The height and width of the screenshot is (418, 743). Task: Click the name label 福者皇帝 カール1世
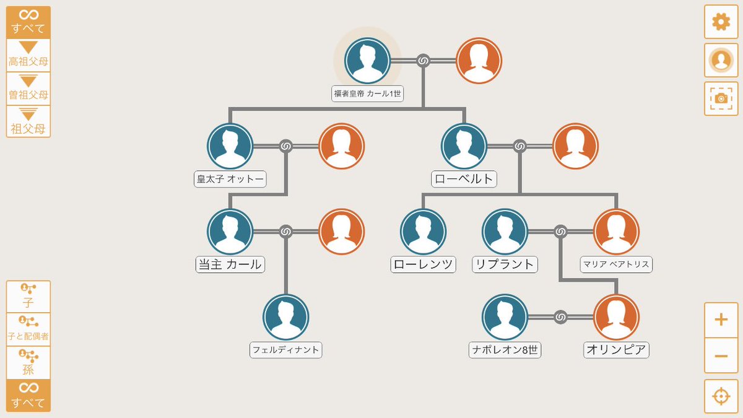(x=368, y=94)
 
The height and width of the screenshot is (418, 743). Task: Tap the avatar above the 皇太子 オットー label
(x=230, y=146)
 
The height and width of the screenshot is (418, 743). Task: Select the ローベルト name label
(x=464, y=180)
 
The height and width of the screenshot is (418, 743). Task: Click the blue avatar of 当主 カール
(x=230, y=232)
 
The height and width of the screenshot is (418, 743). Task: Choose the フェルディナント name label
(x=286, y=350)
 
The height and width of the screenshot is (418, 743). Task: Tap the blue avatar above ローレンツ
(x=424, y=232)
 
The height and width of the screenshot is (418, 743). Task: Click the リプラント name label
(x=504, y=264)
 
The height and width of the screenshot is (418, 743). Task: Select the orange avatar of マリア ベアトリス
(x=616, y=232)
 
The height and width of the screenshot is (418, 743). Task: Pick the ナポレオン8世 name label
(x=505, y=350)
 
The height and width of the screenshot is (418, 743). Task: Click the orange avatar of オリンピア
(x=616, y=317)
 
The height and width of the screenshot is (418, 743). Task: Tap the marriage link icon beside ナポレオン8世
(x=560, y=317)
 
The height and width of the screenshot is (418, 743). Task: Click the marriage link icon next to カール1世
(x=423, y=61)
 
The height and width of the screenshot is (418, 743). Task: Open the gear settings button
(x=721, y=22)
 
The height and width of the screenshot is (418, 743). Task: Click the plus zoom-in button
(x=721, y=320)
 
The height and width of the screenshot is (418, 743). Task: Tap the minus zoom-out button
(x=721, y=356)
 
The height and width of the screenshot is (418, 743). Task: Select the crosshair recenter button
(x=721, y=396)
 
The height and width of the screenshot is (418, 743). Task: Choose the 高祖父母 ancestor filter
(x=28, y=55)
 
